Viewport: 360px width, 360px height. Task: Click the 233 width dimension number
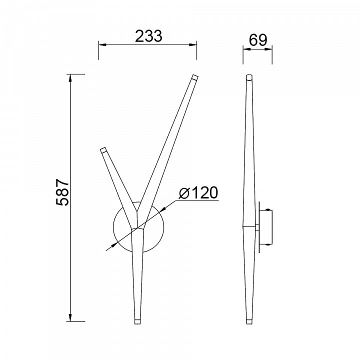pos(148,36)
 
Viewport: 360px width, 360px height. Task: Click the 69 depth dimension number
pos(258,40)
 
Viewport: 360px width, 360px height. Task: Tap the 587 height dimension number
pos(62,192)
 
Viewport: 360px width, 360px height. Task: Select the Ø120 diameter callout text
pos(198,192)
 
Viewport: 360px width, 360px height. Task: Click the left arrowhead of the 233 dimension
pos(102,44)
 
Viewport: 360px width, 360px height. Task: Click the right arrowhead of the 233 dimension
pos(193,44)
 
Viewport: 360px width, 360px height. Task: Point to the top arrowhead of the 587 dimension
pos(70,78)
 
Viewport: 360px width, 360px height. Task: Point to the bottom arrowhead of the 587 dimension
pos(70,317)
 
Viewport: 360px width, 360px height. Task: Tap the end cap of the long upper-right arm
pos(195,77)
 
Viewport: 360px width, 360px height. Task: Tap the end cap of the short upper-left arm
pos(103,149)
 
